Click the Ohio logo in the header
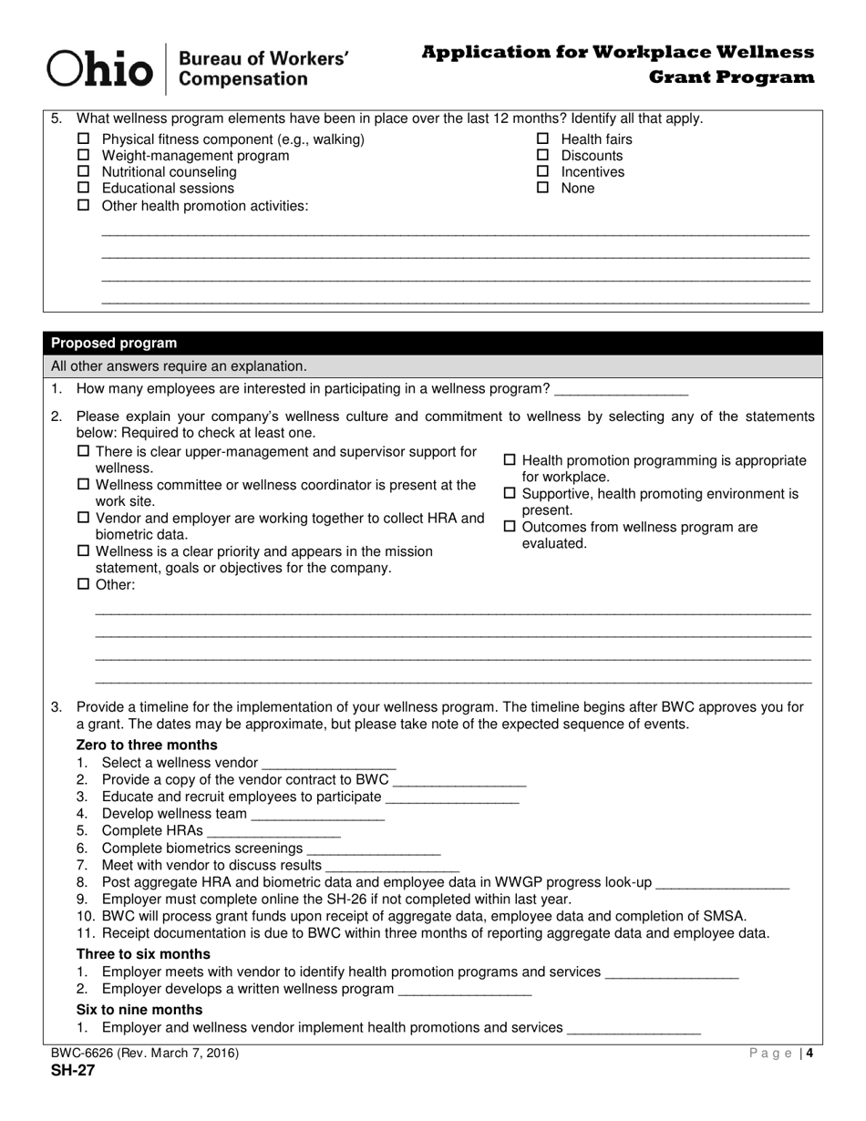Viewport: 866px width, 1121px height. click(100, 68)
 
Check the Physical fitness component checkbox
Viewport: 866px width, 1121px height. click(84, 139)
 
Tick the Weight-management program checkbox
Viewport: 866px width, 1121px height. click(84, 156)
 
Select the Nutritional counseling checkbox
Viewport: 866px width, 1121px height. click(84, 172)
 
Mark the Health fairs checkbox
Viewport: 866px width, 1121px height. click(543, 139)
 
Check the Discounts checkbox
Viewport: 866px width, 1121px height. click(543, 156)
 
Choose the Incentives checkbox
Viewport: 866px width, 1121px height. click(543, 172)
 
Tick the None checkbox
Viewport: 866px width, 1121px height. click(543, 189)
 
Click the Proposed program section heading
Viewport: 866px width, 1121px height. click(114, 344)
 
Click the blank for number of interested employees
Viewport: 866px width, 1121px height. click(621, 390)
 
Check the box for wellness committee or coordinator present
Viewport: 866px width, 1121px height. click(84, 485)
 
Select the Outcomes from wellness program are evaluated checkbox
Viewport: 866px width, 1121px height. click(510, 527)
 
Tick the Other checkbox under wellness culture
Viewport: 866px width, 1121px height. click(84, 584)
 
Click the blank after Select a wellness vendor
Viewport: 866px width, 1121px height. click(329, 764)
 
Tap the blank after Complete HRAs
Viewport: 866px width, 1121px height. click(274, 831)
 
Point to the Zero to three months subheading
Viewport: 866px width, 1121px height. click(147, 745)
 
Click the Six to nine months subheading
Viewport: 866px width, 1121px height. click(139, 1010)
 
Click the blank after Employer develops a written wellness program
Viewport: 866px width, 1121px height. click(465, 990)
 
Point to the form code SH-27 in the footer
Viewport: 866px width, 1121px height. click(73, 1070)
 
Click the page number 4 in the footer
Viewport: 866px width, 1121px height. click(809, 1054)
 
